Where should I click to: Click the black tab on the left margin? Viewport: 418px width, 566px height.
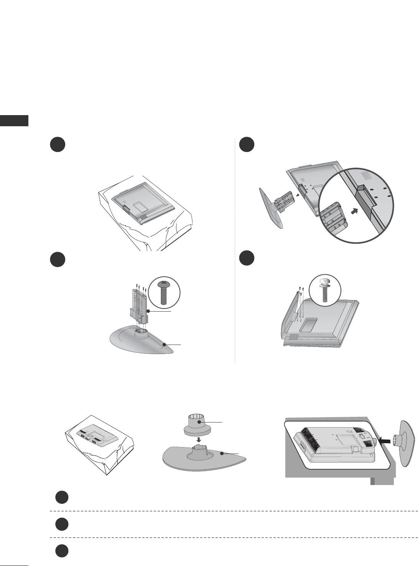(14, 120)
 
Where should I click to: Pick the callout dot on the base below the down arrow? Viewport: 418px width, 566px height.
(222, 454)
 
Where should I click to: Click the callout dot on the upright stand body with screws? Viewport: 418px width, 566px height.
(148, 311)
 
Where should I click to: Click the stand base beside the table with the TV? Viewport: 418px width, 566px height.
(407, 443)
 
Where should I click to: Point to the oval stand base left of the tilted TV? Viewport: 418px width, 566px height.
(272, 209)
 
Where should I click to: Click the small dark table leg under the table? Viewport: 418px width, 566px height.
(372, 481)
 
